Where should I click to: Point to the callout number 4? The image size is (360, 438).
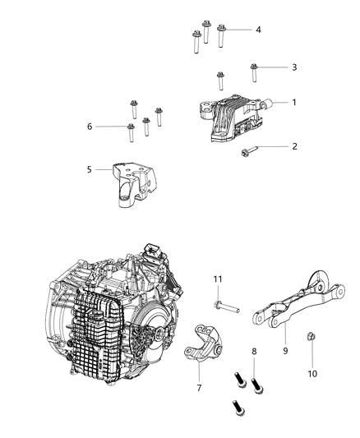(258, 30)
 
